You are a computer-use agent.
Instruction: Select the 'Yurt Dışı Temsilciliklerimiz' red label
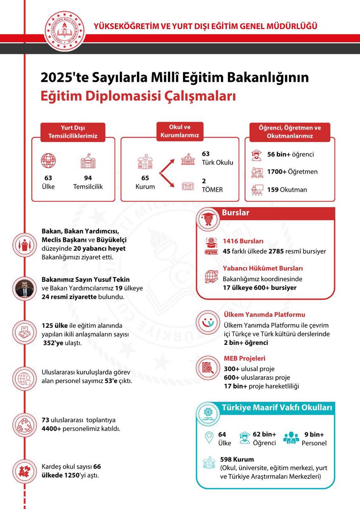73,132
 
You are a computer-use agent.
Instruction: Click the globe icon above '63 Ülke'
48,161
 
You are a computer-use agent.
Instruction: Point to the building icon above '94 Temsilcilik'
88,161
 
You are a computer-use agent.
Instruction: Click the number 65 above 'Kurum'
146,178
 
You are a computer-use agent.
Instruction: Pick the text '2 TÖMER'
212,185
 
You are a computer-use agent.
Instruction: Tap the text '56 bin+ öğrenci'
290,154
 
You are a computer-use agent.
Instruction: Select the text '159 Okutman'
287,189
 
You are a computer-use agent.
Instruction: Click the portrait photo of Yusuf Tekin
25,288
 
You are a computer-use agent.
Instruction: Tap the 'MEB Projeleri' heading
244,359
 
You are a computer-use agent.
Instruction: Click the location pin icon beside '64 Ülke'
208,438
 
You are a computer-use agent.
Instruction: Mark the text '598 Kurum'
237,459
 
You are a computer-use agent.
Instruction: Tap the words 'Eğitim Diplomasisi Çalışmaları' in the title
138,95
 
